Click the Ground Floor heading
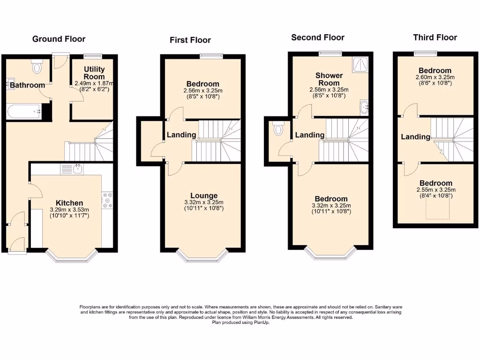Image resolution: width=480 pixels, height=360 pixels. click(59, 39)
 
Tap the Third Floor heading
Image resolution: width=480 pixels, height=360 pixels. click(435, 37)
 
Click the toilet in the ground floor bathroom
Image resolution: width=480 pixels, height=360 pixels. click(37, 67)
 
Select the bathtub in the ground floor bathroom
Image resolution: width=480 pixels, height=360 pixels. click(24, 112)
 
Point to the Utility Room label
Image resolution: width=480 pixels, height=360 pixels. click(94, 73)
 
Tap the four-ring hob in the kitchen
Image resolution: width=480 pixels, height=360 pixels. click(107, 200)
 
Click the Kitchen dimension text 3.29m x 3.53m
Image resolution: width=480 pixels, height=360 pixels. click(69, 210)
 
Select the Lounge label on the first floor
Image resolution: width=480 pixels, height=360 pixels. click(204, 195)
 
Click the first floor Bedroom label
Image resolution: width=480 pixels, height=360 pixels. click(202, 84)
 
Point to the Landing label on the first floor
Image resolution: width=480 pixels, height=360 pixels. click(181, 135)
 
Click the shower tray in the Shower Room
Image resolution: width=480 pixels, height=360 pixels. click(360, 65)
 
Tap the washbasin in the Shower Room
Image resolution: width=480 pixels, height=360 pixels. click(364, 107)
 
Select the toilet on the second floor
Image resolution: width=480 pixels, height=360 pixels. click(278, 128)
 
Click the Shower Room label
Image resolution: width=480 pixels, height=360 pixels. click(329, 79)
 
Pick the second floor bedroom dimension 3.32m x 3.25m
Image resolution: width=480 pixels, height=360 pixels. click(331, 206)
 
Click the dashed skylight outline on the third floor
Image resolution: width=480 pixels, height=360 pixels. click(437, 208)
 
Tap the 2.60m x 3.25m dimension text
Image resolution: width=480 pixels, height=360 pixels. click(435, 77)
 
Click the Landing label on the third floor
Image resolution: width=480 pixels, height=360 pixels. click(415, 137)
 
